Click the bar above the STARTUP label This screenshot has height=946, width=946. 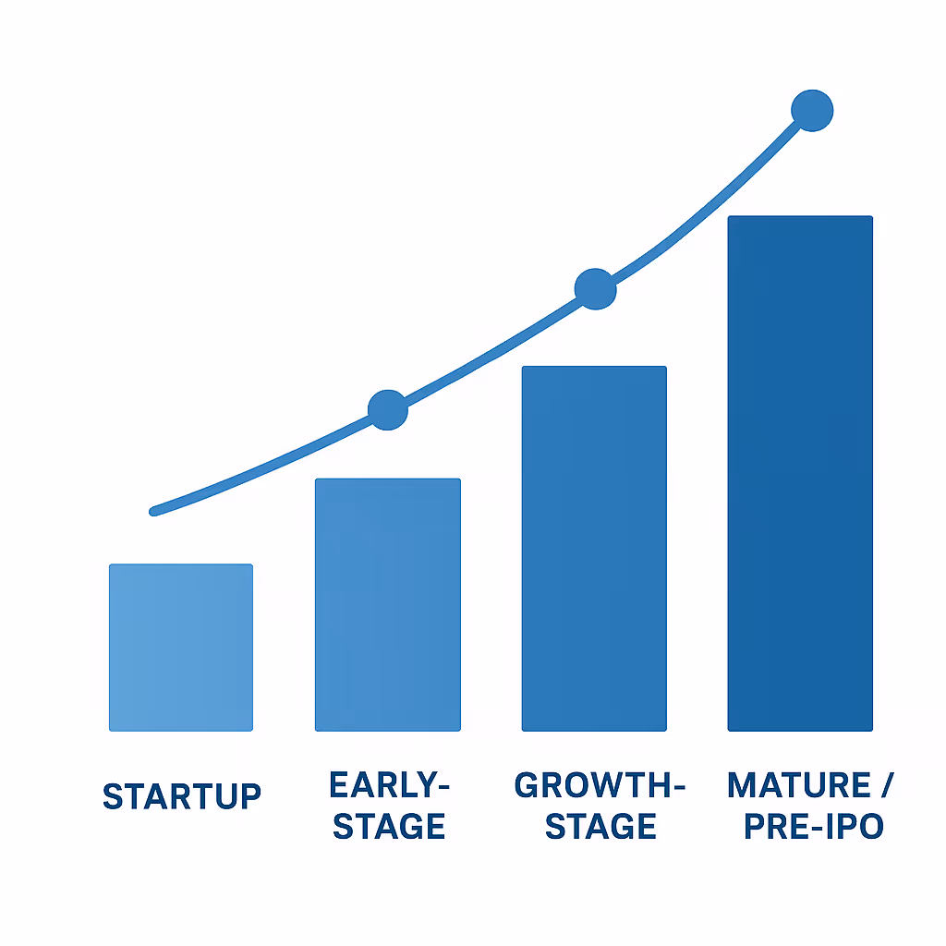point(181,647)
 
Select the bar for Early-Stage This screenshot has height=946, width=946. point(387,605)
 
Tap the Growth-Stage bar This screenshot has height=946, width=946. point(594,549)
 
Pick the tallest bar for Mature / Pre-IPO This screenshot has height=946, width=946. point(800,473)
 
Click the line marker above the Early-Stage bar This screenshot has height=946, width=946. point(388,410)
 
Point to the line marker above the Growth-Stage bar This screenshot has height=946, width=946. point(595,289)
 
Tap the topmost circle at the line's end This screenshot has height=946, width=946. point(813,111)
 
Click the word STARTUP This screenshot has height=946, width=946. point(182,795)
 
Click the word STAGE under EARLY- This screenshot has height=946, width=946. point(389,826)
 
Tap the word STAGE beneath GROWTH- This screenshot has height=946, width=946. point(600,826)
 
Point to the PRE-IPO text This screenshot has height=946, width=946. point(814,826)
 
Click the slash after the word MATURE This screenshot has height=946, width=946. point(886,786)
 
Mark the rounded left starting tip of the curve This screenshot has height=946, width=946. point(154,511)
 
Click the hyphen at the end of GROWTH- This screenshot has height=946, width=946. point(676,787)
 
